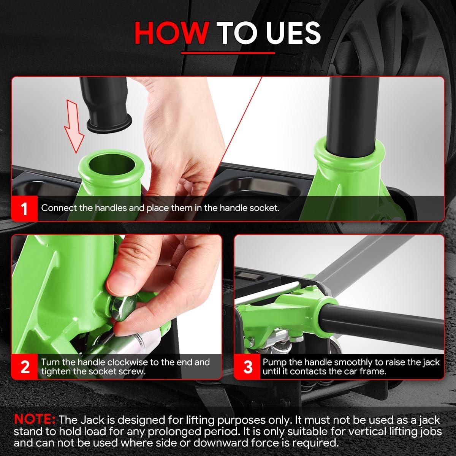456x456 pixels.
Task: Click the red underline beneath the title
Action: click(228, 53)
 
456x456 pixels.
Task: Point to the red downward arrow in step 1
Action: click(74, 126)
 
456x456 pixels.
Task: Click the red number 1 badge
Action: click(24, 209)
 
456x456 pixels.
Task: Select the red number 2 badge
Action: click(24, 367)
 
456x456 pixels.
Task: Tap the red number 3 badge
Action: click(247, 367)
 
